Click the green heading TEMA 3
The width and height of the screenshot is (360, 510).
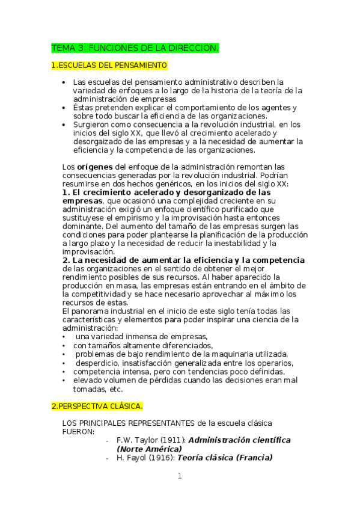coord(135,47)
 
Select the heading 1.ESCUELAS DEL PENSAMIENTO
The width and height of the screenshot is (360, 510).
coord(109,64)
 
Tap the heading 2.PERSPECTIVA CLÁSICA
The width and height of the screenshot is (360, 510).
coord(97,406)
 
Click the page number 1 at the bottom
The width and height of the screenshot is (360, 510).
coord(179,476)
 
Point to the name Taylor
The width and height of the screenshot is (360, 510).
coord(146,440)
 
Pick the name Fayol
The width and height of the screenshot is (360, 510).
coord(139,458)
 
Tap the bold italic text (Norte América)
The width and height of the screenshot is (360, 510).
coord(149,449)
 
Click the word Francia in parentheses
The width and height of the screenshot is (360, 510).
coord(254,458)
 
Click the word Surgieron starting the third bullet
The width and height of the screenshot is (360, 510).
coord(90,124)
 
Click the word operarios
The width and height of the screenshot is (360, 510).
coord(275,363)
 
